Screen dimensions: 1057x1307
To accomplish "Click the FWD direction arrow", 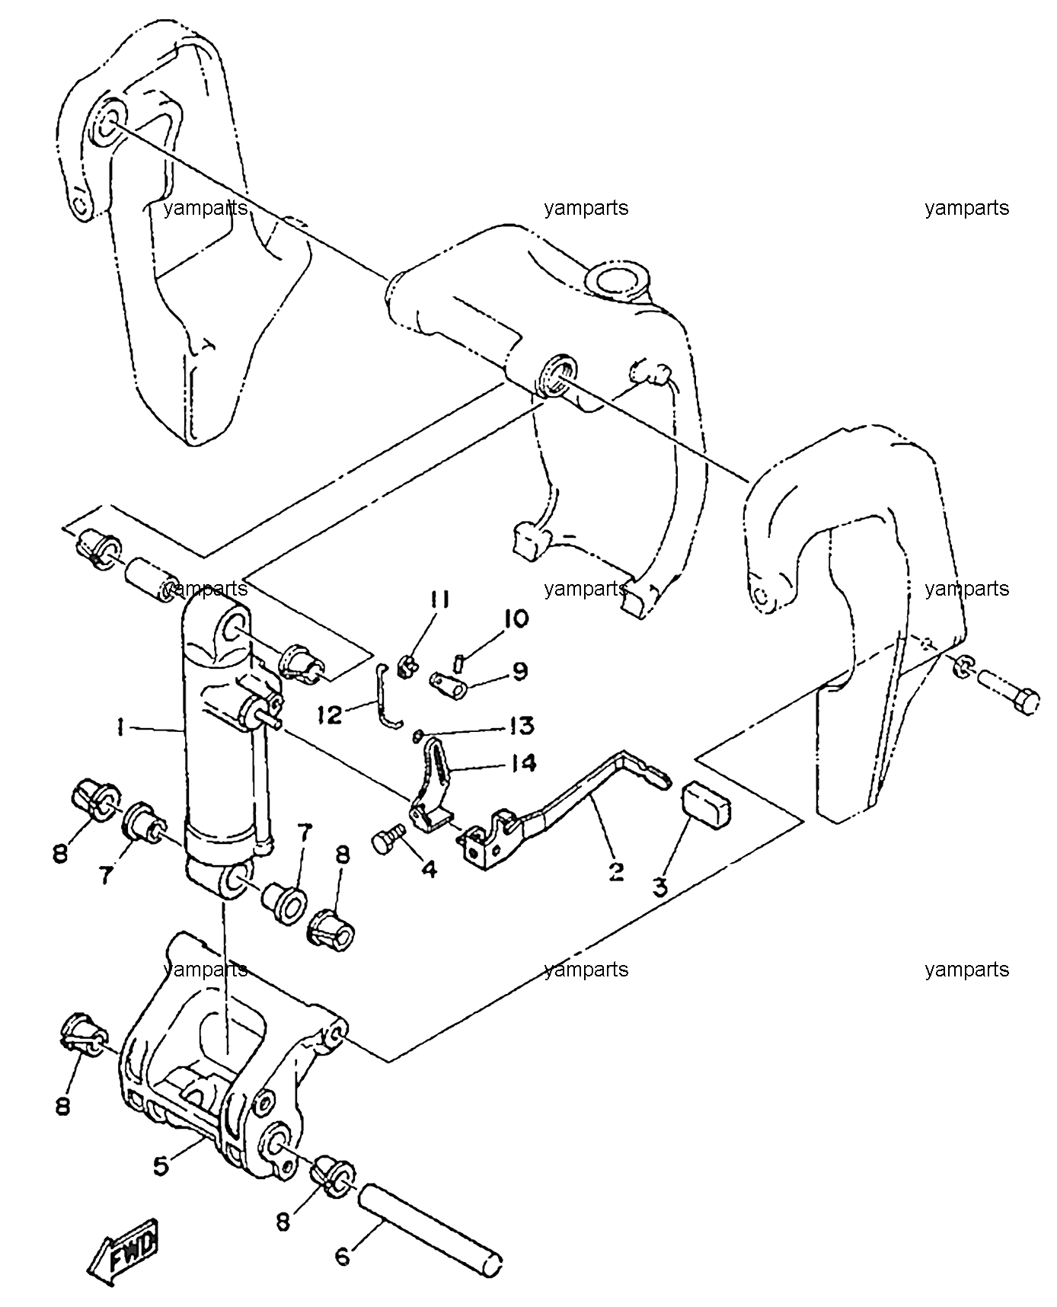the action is coord(124,1255).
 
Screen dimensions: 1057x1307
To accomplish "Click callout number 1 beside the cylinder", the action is coord(121,729).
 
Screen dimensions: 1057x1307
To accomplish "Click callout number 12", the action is coord(331,715).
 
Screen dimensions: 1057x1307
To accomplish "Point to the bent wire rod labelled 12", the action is coord(388,697).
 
